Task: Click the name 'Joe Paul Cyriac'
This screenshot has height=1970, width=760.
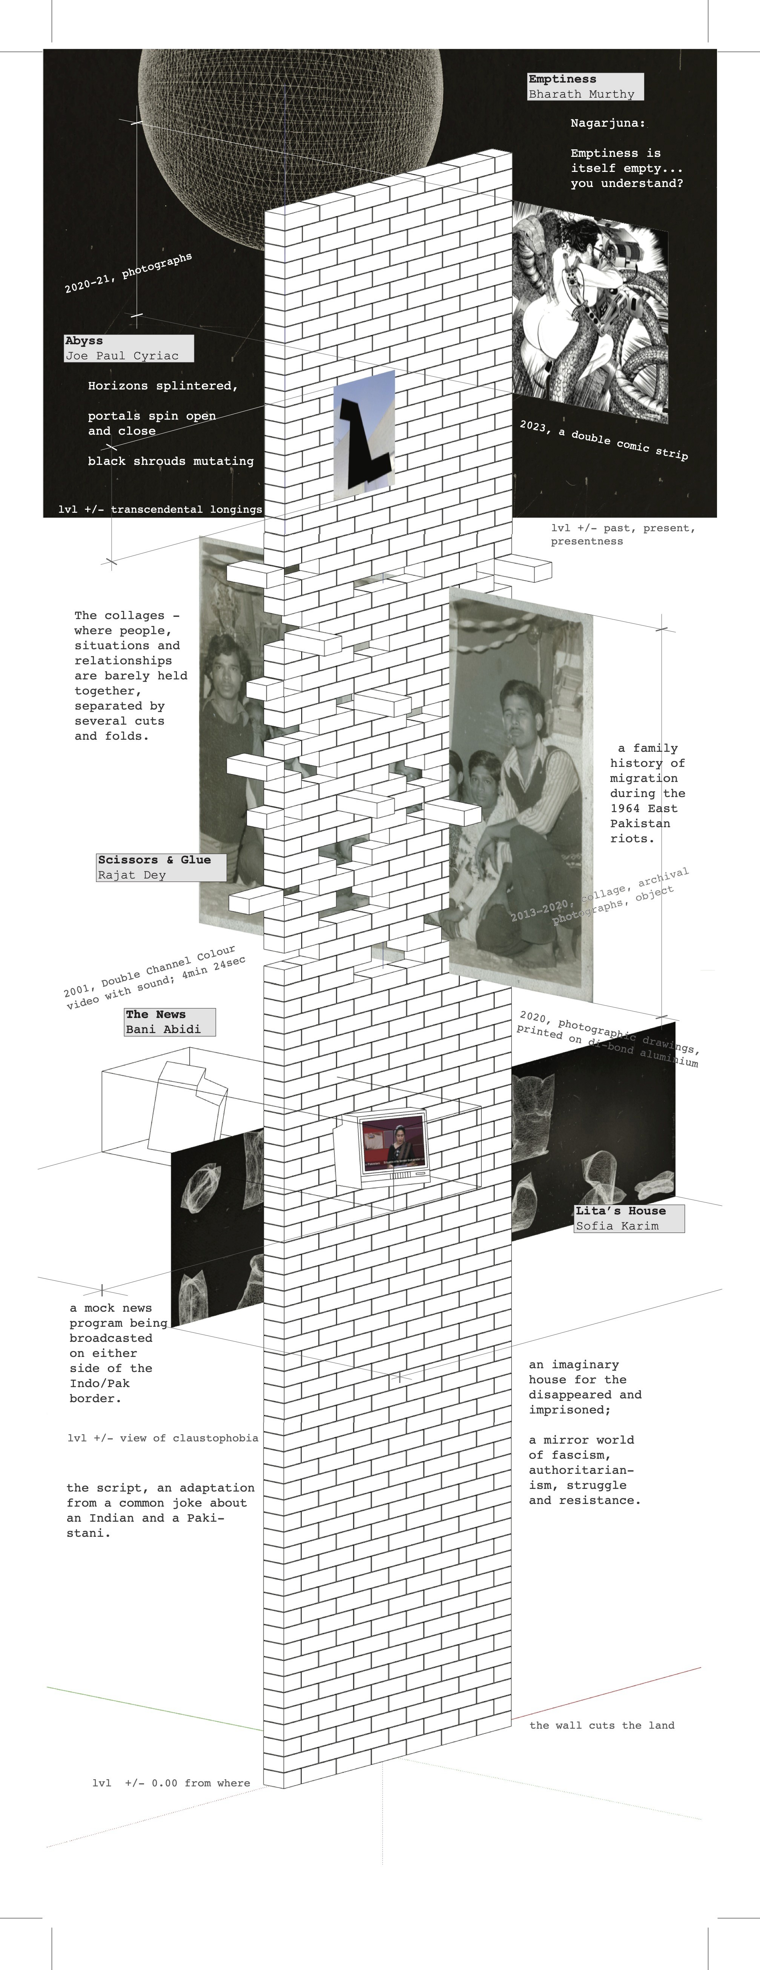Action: click(122, 356)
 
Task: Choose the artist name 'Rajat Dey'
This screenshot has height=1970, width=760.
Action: click(132, 875)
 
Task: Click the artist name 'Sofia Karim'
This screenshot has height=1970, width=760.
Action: click(617, 1226)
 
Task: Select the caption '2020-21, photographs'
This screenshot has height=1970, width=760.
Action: click(128, 273)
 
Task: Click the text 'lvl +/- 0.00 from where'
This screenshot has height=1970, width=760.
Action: click(172, 1783)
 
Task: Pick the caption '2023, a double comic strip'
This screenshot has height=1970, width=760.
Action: click(604, 440)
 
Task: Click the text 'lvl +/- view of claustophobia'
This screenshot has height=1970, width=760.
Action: click(163, 1438)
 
